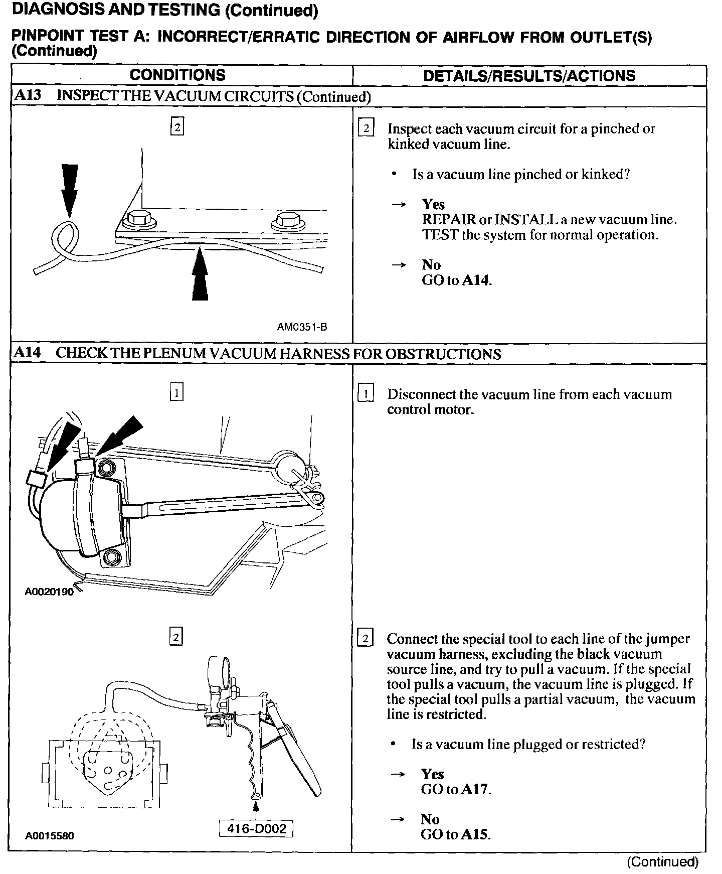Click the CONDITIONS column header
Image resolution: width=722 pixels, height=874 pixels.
click(x=177, y=75)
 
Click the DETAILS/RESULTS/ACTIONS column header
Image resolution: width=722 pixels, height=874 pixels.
click(x=529, y=76)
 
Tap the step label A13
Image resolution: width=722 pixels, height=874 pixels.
click(x=28, y=96)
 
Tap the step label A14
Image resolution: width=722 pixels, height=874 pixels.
click(x=28, y=353)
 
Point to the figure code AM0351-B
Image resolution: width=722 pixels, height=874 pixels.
click(x=302, y=327)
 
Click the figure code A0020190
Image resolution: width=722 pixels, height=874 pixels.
click(x=49, y=592)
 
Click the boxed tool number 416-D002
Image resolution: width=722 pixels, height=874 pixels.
click(x=256, y=828)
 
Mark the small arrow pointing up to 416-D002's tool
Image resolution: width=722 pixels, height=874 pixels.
click(x=256, y=807)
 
